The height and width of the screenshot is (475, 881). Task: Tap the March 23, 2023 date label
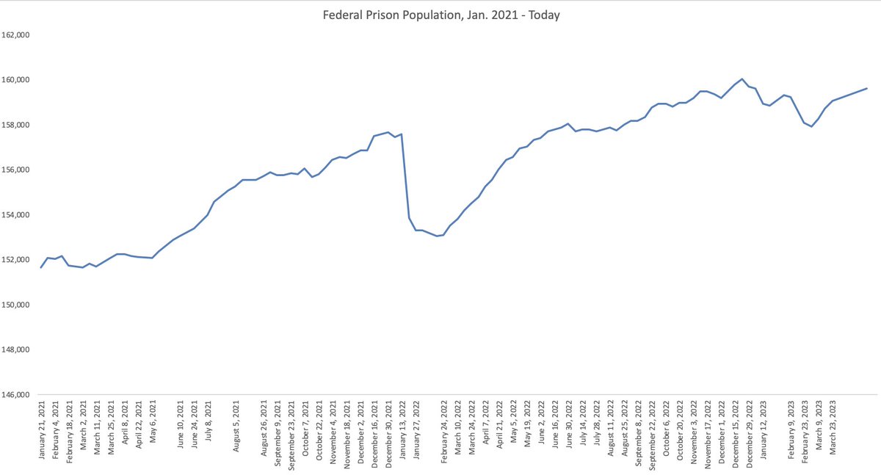point(833,428)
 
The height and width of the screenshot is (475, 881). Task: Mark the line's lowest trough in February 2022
point(437,236)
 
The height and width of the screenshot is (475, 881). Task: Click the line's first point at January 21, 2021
point(41,267)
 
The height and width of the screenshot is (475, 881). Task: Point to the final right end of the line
point(867,88)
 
